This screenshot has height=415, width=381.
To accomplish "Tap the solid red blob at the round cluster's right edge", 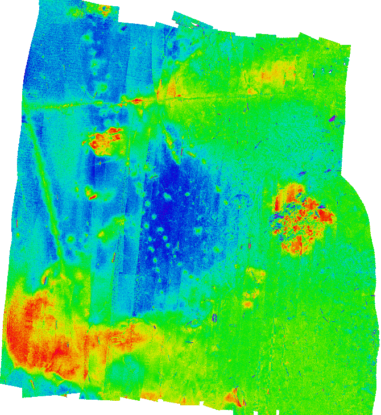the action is (326, 215).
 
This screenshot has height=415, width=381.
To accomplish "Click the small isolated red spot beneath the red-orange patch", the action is (92, 197).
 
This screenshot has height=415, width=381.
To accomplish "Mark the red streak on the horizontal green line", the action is (136, 101).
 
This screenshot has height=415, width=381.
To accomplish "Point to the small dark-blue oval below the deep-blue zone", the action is (214, 318).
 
